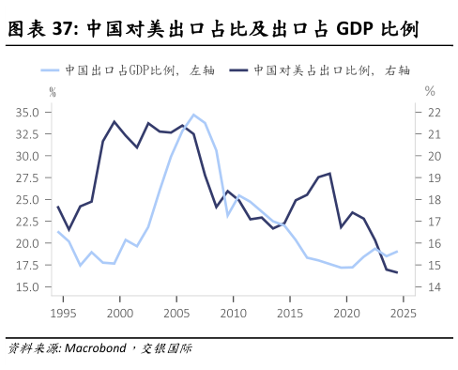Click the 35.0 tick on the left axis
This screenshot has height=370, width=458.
(26, 112)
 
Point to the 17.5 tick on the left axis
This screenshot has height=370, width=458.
(26, 265)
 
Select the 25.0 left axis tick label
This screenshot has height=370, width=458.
(26, 199)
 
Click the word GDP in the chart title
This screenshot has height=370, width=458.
(359, 30)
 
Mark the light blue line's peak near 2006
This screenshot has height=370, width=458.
(193, 115)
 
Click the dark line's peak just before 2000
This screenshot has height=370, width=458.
(114, 122)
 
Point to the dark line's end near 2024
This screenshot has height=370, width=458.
(397, 272)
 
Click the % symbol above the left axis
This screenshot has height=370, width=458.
(53, 91)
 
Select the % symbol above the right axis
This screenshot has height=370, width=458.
(430, 91)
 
